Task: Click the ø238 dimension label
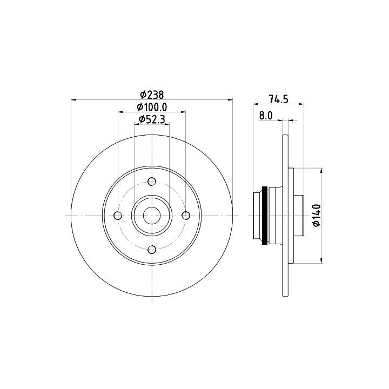pos(152,95)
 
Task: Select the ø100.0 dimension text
pos(152,107)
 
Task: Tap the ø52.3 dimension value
pos(152,119)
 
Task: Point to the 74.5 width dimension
pos(279,99)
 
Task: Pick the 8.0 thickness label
pos(266,116)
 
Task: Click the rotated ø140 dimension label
pos(317,215)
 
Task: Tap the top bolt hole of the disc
pos(152,182)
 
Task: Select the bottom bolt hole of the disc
pos(152,249)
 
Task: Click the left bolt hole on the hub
pos(118,216)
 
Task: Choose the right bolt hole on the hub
pos(185,216)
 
